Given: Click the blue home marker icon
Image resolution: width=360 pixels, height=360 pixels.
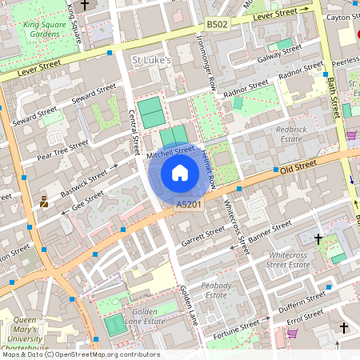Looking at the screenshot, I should (x=180, y=173).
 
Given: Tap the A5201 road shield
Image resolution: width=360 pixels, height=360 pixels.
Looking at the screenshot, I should (x=187, y=206).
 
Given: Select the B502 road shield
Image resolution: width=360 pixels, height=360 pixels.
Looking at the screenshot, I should (x=217, y=25).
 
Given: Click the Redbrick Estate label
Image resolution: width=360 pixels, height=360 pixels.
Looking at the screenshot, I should (x=298, y=133).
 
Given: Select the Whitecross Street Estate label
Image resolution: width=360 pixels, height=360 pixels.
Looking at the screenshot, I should (x=289, y=259).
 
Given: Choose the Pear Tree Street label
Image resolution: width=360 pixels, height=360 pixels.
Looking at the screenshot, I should (x=62, y=148).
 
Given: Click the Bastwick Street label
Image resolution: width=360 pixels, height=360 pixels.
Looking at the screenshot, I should (x=84, y=180).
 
